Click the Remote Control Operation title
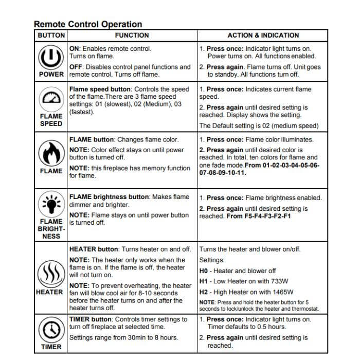(x=88, y=24)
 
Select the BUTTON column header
(x=51, y=35)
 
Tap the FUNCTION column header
(x=132, y=35)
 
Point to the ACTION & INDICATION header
(x=263, y=35)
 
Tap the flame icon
(x=51, y=153)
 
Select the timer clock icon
(x=51, y=329)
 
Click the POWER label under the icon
(x=51, y=74)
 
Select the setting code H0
(x=203, y=271)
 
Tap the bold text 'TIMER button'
(x=91, y=319)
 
